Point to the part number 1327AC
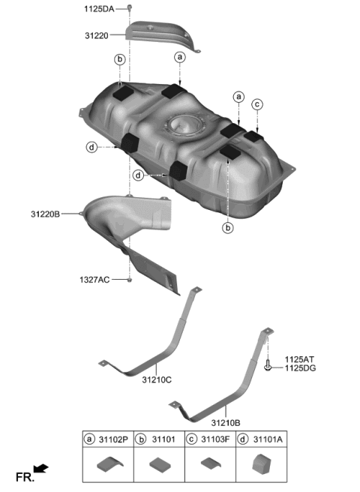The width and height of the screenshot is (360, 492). pyautogui.click(x=94, y=280)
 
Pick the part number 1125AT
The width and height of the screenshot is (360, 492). pyautogui.click(x=298, y=360)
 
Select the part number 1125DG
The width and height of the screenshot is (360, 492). pyautogui.click(x=298, y=369)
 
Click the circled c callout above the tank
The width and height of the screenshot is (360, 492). pyautogui.click(x=257, y=104)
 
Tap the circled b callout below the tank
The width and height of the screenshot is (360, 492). pyautogui.click(x=228, y=226)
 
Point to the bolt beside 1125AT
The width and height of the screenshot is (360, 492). pyautogui.click(x=268, y=365)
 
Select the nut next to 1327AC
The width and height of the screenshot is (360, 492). pyautogui.click(x=130, y=280)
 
